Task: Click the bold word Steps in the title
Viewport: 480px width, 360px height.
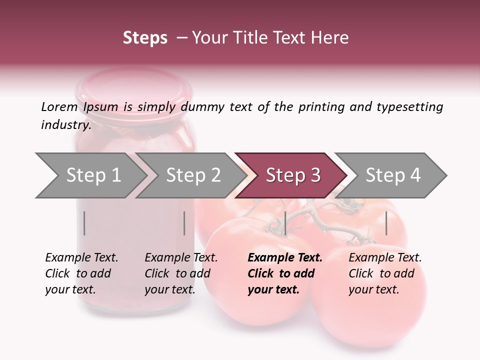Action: point(145,38)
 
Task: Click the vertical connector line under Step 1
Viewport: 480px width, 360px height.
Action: point(84,223)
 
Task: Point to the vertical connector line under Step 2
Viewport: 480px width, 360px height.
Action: point(184,223)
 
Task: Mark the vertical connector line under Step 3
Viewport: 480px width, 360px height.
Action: point(285,223)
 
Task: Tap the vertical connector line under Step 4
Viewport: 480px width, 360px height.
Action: point(386,223)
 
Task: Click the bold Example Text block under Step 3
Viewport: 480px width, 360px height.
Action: point(285,273)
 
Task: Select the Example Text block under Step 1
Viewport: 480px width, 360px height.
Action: point(81,273)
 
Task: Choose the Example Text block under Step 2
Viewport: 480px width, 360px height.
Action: point(181,273)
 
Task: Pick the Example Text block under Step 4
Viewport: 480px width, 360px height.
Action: point(385,273)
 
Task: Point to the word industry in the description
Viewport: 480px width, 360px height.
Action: point(66,125)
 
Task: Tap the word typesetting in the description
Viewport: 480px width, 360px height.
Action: point(409,107)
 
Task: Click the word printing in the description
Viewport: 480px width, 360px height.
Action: point(320,107)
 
